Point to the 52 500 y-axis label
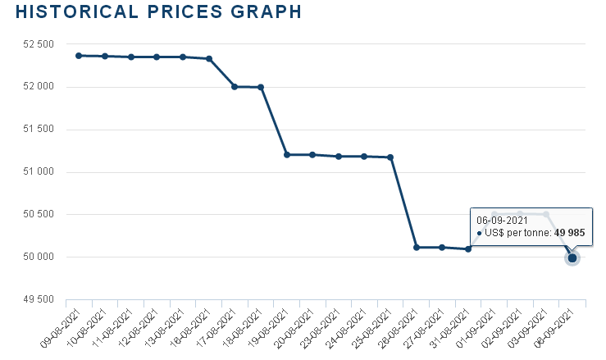[34, 44]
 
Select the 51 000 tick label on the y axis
[34, 172]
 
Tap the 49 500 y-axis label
[34, 300]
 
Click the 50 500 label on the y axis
[34, 215]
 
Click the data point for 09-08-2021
[79, 56]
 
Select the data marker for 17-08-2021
[235, 86]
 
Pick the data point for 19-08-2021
[287, 154]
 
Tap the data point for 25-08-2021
[390, 157]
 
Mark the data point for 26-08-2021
[417, 247]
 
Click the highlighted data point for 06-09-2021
[572, 258]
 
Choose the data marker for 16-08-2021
[209, 58]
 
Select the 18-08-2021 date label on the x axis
[244, 327]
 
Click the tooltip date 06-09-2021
[502, 220]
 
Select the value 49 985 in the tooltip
[570, 233]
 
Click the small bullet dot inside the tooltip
[479, 234]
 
